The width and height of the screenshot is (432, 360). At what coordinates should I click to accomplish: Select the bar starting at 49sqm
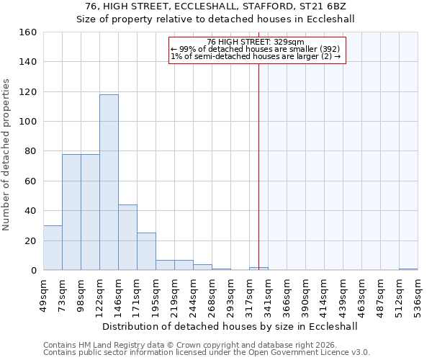(x=53, y=248)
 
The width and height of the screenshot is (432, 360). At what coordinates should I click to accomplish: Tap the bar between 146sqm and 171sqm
(x=127, y=238)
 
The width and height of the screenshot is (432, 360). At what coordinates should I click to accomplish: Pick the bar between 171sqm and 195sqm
(x=146, y=251)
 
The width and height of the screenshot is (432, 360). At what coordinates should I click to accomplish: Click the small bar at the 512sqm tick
(x=408, y=269)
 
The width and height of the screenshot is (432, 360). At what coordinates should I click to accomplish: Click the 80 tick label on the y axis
(x=30, y=151)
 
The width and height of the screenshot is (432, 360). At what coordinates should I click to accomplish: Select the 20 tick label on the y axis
(x=30, y=240)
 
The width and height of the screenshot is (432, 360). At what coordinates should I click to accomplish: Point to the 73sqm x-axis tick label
(x=62, y=294)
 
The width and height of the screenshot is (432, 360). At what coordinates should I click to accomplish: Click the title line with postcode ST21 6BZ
(x=215, y=6)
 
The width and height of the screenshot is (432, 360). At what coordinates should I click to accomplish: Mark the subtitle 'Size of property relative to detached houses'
(x=215, y=19)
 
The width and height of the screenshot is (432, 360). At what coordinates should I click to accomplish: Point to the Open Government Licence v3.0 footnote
(x=207, y=353)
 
